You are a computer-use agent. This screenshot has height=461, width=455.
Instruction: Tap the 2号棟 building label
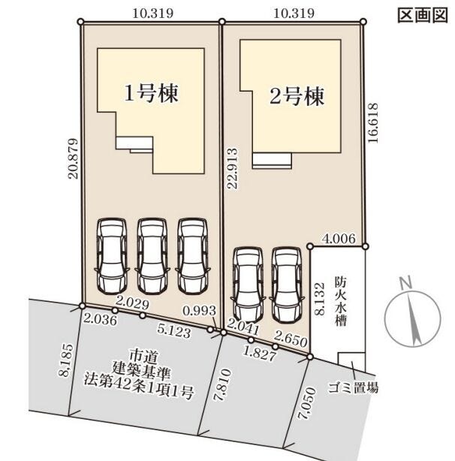click(x=297, y=95)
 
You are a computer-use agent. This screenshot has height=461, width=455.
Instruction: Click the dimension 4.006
click(x=336, y=239)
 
